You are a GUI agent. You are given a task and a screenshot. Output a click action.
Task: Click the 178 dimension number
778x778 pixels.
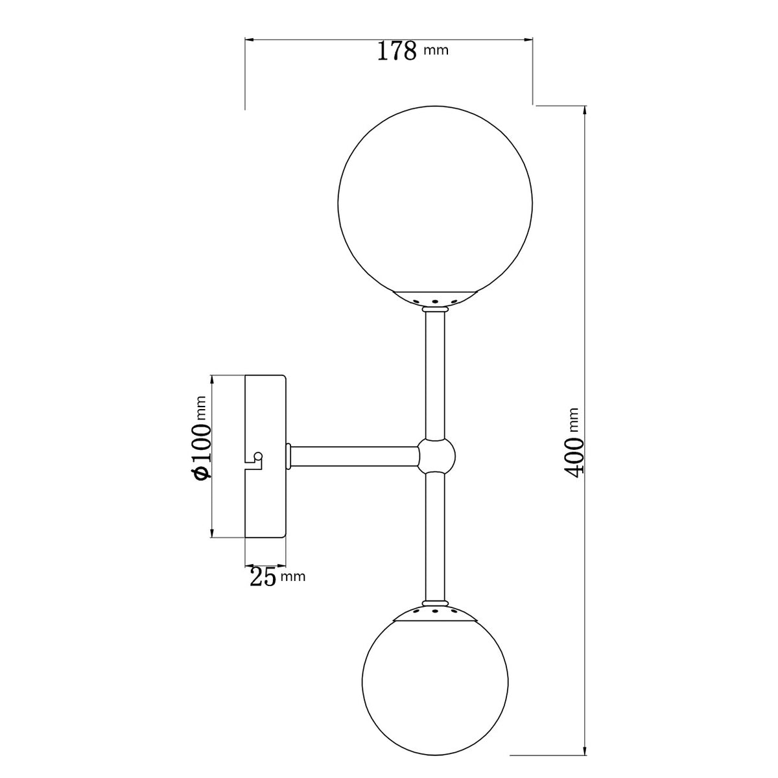[x=397, y=51]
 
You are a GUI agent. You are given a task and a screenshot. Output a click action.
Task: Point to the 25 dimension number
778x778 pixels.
[x=263, y=576]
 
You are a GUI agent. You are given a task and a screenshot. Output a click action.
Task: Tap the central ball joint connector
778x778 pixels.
[x=436, y=457]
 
